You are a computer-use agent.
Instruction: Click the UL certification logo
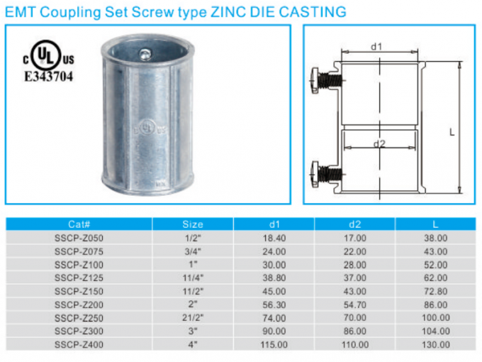point(47,57)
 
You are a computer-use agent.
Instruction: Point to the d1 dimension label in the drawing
point(377,47)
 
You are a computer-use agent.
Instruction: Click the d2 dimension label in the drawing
point(379,143)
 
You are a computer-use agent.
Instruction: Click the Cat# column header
point(79,224)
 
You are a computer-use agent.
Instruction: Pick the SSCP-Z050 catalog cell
point(79,238)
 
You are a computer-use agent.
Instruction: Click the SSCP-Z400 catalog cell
point(79,346)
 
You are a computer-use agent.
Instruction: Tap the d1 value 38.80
point(274,278)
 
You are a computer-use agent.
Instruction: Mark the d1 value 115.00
point(274,346)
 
